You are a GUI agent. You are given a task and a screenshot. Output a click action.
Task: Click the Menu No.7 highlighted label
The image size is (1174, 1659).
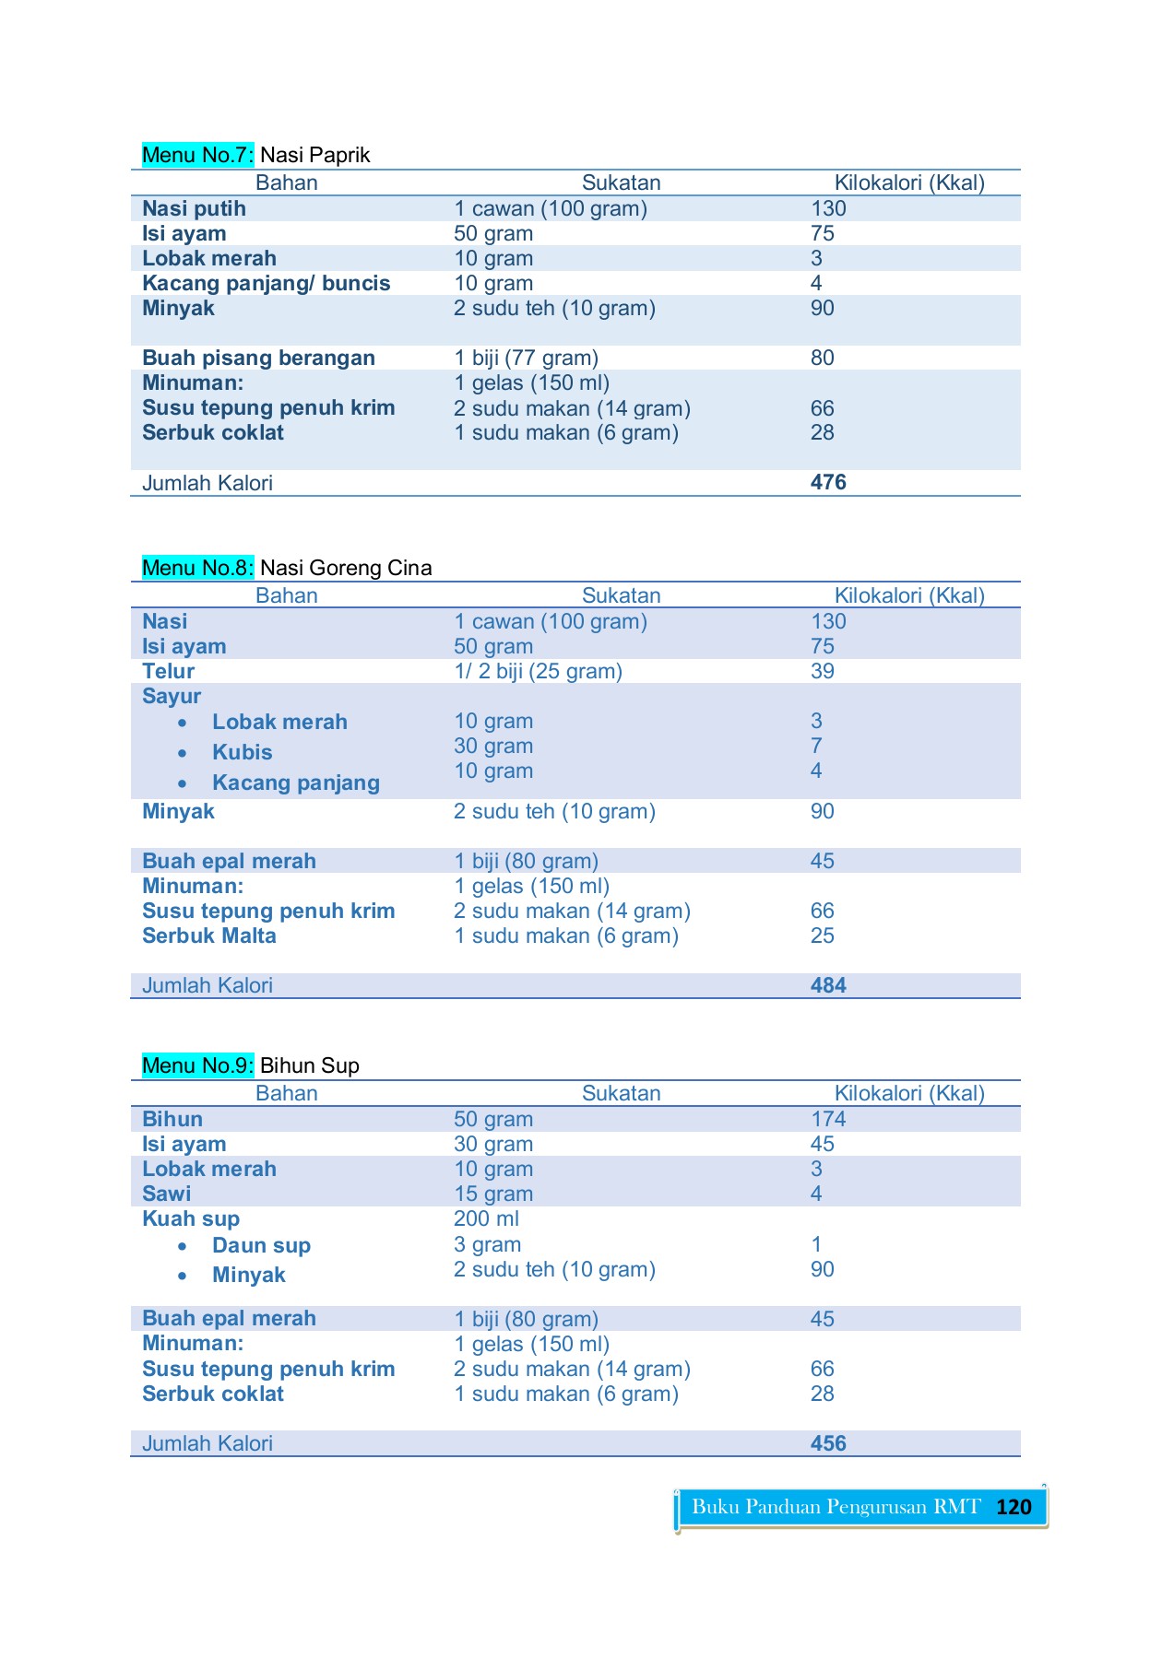point(197,155)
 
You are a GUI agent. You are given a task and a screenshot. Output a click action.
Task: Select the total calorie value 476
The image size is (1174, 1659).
point(828,482)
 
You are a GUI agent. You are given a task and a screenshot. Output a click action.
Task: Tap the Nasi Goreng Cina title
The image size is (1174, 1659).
point(346,568)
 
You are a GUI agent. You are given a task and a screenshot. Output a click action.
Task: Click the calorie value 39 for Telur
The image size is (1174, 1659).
point(823,671)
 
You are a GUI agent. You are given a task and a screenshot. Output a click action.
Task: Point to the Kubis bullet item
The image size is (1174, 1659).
point(242,752)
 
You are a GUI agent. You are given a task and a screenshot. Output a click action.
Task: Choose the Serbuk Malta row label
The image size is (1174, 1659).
point(209,935)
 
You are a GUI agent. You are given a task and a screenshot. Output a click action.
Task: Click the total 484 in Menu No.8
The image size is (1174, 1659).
point(828,985)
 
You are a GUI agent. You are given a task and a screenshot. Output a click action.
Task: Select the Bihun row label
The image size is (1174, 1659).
point(172,1119)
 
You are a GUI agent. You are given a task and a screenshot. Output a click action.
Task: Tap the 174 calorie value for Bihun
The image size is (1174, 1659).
point(828,1119)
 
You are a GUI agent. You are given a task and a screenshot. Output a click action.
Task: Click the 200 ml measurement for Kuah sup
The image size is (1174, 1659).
point(486,1218)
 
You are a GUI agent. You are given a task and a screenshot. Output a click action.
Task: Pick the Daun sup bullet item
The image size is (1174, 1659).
point(261,1245)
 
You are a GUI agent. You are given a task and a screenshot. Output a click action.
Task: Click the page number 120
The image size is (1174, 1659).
point(1014,1507)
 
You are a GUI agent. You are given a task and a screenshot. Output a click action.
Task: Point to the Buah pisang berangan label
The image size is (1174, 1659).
point(258,358)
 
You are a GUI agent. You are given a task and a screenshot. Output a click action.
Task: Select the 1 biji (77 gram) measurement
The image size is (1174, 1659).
point(526,358)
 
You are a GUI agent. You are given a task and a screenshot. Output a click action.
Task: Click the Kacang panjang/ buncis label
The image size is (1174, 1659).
point(266,283)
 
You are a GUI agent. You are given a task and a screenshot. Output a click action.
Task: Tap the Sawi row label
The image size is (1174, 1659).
point(167,1194)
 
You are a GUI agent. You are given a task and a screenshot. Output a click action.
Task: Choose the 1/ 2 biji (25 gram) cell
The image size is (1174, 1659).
point(538,671)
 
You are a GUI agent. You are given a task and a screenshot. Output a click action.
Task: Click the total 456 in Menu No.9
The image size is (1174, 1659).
point(828,1443)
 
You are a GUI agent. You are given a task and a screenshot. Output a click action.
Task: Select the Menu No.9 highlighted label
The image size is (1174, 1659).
point(197,1065)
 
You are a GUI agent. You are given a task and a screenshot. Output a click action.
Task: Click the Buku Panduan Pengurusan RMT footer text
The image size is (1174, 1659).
point(836,1507)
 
